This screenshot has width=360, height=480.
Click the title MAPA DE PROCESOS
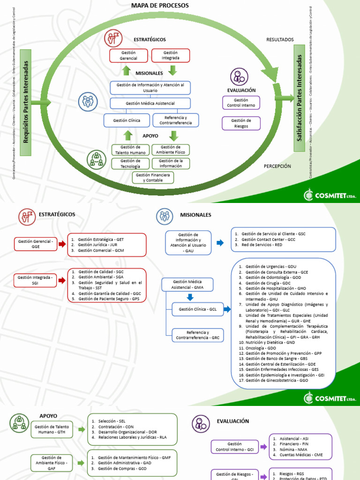tap(160, 5)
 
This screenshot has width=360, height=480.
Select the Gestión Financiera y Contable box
tap(153, 177)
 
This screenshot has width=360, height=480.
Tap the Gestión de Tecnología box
tap(130, 164)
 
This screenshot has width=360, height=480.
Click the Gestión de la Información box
tap(171, 164)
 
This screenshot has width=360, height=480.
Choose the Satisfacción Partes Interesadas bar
tap(300, 98)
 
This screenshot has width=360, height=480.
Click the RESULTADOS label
tap(280, 40)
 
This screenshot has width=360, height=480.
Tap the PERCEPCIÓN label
tap(277, 166)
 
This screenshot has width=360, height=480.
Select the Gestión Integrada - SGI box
tap(36, 280)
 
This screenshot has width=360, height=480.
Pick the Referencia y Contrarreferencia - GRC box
tap(197, 335)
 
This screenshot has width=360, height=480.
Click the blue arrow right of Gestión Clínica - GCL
tap(227, 309)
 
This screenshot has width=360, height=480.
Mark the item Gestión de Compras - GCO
tap(122, 468)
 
